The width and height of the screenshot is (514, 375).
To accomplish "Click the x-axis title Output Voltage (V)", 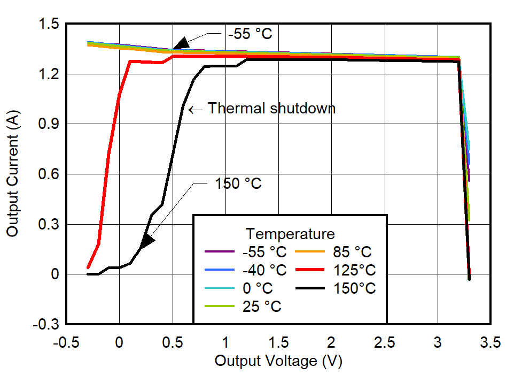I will [x=278, y=361].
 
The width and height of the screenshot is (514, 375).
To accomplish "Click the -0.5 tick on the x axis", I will [x=66, y=342].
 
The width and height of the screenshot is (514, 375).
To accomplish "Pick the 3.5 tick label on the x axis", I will [x=490, y=342].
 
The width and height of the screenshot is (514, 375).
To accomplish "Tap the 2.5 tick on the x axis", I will [x=384, y=342].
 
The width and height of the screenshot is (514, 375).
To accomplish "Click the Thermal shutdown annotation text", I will [x=271, y=109].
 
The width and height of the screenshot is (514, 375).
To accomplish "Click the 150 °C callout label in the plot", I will [x=238, y=183].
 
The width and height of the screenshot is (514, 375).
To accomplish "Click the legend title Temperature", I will [x=290, y=234].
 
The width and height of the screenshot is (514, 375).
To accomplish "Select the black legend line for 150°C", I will [x=310, y=288].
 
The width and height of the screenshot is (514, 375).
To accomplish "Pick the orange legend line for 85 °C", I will [x=310, y=251].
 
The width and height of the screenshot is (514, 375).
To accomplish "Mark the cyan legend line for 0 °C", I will [x=219, y=288].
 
